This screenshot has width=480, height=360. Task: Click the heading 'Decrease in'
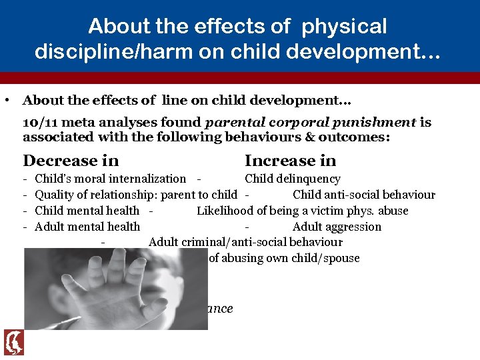pyautogui.click(x=71, y=161)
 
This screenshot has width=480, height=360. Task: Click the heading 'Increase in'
pyautogui.click(x=290, y=161)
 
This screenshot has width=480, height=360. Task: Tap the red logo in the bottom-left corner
pyautogui.click(x=14, y=342)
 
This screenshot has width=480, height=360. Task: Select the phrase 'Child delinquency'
pyautogui.click(x=292, y=179)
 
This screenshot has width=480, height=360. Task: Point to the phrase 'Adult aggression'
pyautogui.click(x=337, y=227)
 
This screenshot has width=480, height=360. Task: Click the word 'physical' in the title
pyautogui.click(x=344, y=27)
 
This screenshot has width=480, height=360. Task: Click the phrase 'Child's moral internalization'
pyautogui.click(x=110, y=179)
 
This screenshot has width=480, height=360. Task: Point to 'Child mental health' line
pyautogui.click(x=87, y=211)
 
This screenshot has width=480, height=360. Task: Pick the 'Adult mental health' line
pyautogui.click(x=87, y=227)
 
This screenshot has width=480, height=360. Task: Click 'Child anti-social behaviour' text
pyautogui.click(x=363, y=195)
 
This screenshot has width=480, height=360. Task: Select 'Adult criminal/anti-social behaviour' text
pyautogui.click(x=245, y=243)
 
